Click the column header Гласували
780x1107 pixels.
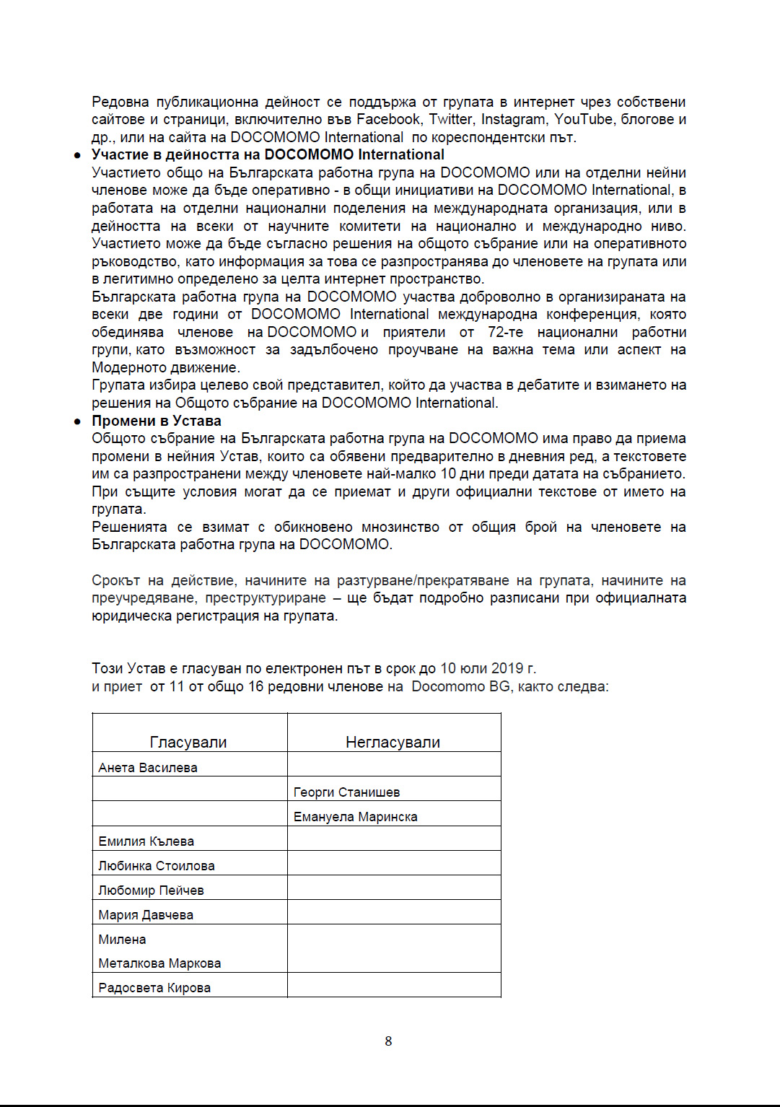(x=188, y=742)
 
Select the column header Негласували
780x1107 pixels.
(x=393, y=742)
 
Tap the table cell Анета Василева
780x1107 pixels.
(x=148, y=768)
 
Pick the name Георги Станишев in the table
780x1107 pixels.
(x=346, y=792)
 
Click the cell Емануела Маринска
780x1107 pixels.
(x=355, y=817)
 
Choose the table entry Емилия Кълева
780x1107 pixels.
(x=146, y=841)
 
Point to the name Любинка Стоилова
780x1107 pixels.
(x=157, y=866)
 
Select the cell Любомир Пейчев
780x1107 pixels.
(x=151, y=891)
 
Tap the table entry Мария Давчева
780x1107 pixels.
(x=146, y=915)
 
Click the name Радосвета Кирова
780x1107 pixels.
(x=154, y=988)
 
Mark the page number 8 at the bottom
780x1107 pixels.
(x=388, y=1041)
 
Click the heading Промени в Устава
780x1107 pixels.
(x=157, y=421)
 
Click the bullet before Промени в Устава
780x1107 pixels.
(x=77, y=421)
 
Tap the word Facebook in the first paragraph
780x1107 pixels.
(x=388, y=119)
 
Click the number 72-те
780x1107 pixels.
(x=505, y=332)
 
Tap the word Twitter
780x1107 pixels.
(x=451, y=119)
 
